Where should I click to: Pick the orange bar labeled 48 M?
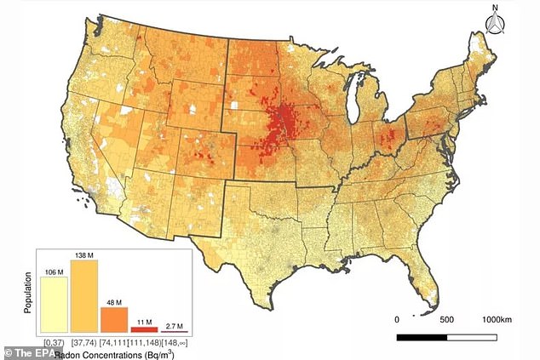(x=113, y=319)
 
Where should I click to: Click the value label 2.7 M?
(x=174, y=323)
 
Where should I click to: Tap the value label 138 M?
(x=83, y=254)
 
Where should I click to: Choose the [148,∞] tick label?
(x=174, y=340)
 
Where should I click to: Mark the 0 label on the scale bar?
(x=398, y=319)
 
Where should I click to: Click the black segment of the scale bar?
(x=421, y=338)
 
